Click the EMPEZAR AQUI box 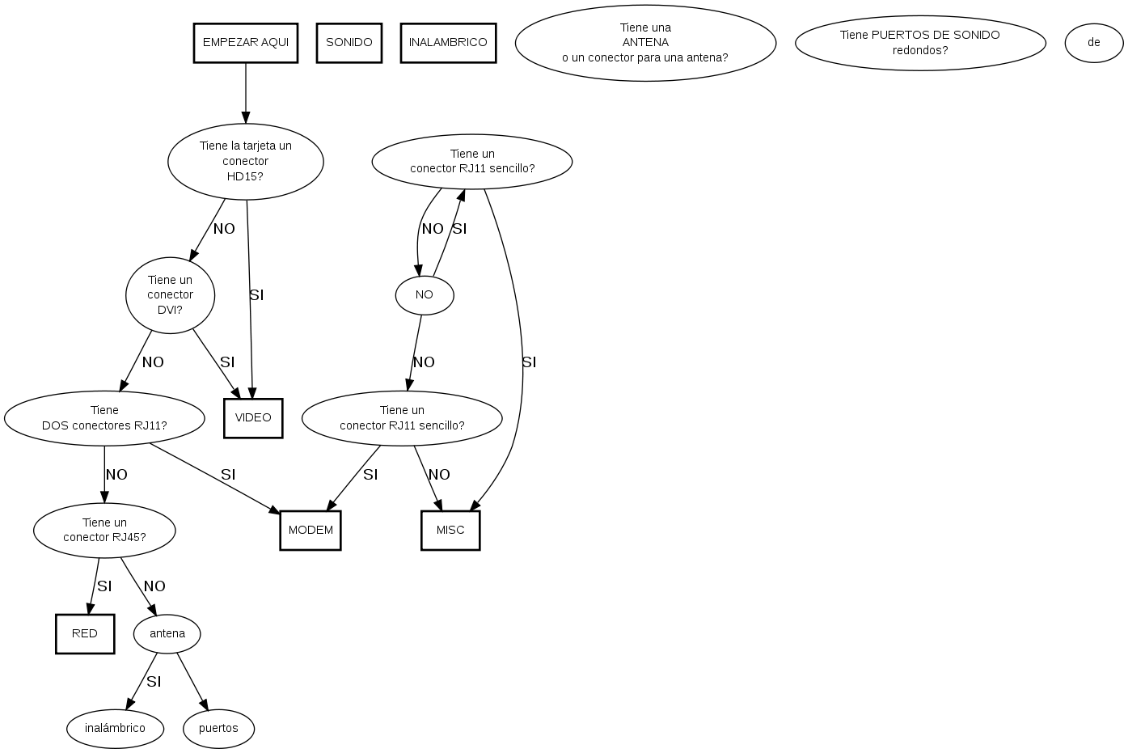click(246, 43)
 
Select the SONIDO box click(349, 43)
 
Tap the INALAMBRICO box click(448, 43)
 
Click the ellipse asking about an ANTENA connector click(645, 43)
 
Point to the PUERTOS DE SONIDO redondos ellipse click(920, 43)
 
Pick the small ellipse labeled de click(1093, 43)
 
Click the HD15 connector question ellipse click(246, 161)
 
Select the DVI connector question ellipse click(171, 295)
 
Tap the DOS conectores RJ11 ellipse click(104, 418)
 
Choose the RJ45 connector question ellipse click(104, 531)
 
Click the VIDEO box click(253, 418)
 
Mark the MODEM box click(311, 531)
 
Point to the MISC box click(450, 531)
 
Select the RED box click(85, 634)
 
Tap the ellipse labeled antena click(167, 634)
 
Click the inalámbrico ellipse click(115, 728)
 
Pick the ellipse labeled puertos click(218, 728)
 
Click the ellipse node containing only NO click(425, 295)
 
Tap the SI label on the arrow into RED click(104, 586)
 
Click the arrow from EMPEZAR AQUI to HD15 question click(246, 93)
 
